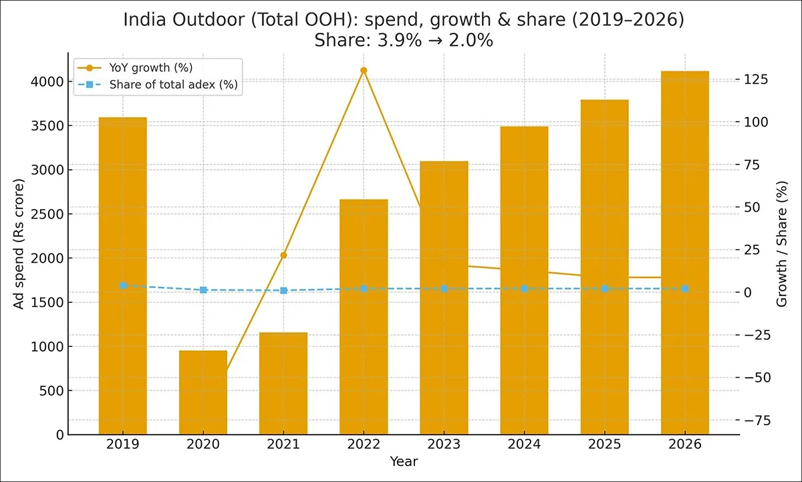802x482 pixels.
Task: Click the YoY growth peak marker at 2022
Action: (x=364, y=70)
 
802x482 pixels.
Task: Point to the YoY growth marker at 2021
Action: (x=283, y=255)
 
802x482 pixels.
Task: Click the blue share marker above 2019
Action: (x=123, y=285)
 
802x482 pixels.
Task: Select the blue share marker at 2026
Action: (x=685, y=289)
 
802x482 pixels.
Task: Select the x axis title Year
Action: (x=404, y=461)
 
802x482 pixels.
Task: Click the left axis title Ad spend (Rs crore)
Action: (x=19, y=244)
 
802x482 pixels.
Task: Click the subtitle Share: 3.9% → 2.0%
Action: (x=404, y=40)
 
